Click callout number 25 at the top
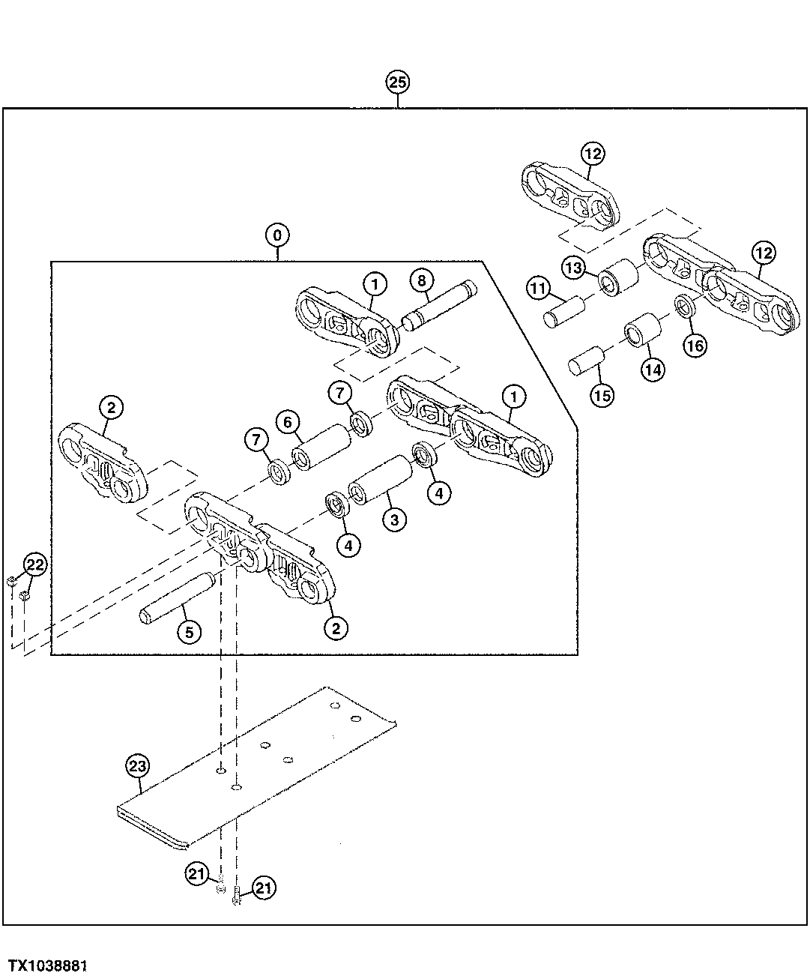(x=398, y=82)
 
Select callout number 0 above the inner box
(x=277, y=235)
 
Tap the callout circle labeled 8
(x=422, y=280)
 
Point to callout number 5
(x=189, y=632)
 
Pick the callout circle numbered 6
(x=287, y=422)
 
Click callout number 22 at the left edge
(x=34, y=564)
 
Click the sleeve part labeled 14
(x=643, y=331)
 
